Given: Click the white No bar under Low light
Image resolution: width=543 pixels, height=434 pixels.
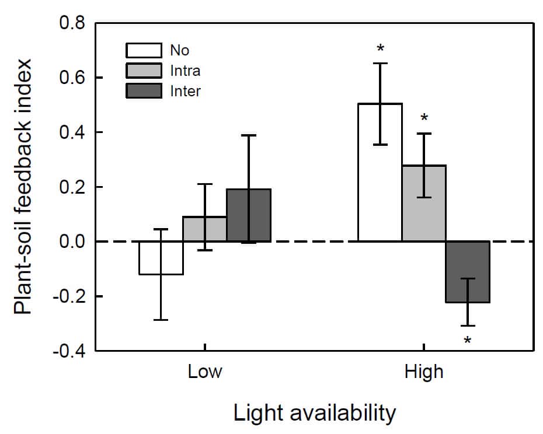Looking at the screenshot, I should coord(161,258).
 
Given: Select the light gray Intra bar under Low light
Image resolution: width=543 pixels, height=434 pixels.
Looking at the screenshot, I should coord(205,229).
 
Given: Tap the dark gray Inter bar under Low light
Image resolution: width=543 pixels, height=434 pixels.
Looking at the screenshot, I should coord(249,215).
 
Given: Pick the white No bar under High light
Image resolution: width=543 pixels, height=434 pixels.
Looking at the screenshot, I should coord(380,173).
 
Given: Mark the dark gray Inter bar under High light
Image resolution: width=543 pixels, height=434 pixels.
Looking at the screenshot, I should coord(468,272).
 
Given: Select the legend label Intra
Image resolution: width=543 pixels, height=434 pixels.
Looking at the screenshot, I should coord(185,71).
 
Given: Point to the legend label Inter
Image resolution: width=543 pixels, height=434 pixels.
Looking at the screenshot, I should coord(185,91).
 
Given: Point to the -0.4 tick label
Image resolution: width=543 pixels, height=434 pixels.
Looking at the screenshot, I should coord(69,351).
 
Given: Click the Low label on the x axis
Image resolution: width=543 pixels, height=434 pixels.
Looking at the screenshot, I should coord(205,372).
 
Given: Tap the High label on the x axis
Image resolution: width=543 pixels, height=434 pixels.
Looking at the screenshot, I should coord(424,372).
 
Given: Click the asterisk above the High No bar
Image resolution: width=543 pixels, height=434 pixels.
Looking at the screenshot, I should coord(381,49).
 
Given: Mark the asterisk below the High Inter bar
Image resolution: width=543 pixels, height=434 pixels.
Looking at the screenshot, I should coord(468,341).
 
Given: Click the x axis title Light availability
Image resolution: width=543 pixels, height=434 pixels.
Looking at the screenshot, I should coord(315,413).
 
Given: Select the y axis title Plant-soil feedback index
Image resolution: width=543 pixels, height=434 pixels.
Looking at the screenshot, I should coord(25,187).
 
